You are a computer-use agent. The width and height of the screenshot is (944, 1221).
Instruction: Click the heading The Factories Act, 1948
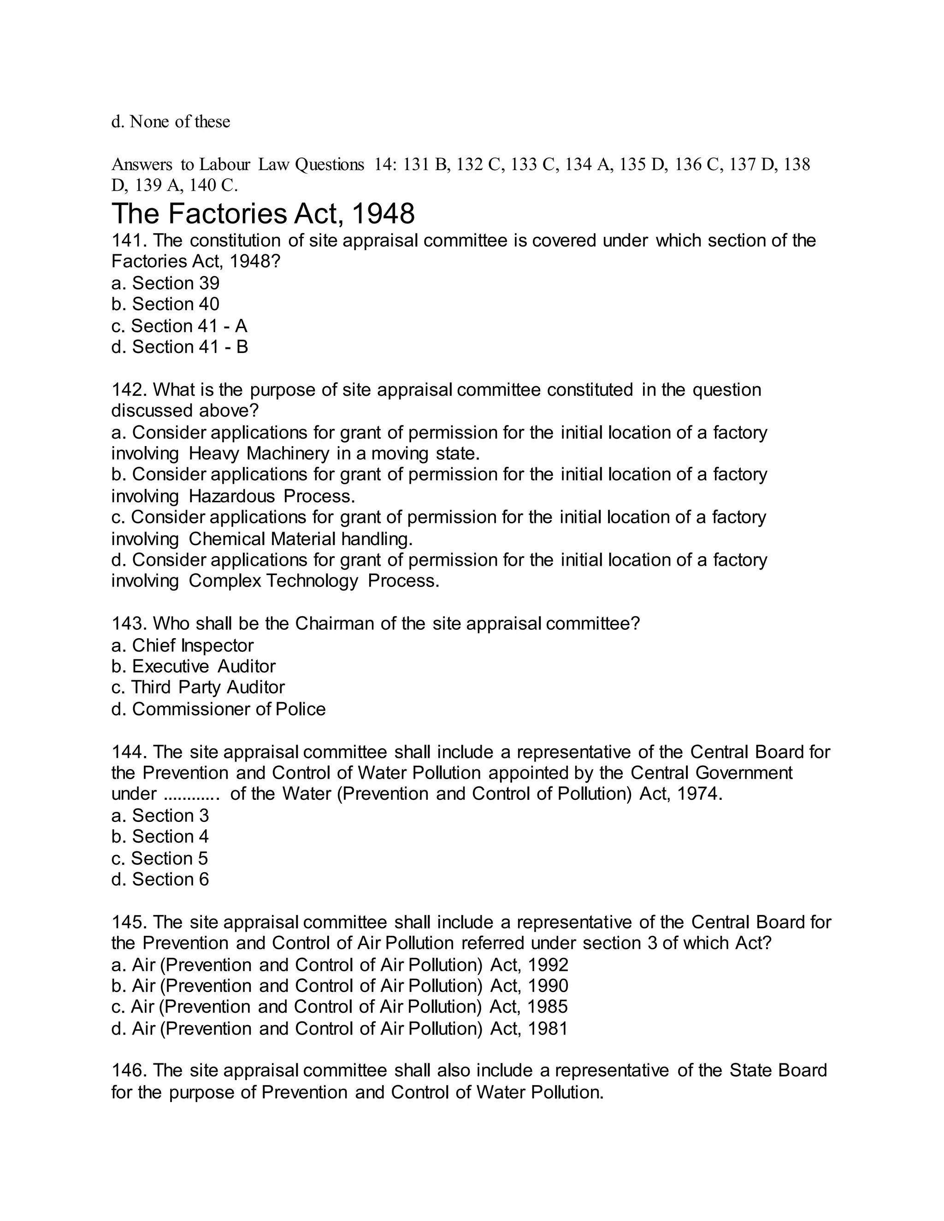[263, 214]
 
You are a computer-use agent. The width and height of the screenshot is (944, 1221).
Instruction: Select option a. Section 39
[165, 283]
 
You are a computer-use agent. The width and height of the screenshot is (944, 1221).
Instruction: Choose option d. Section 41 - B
[179, 347]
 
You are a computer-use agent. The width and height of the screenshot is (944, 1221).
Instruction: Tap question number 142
[129, 390]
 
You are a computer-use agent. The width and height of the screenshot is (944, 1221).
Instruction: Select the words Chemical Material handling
[301, 539]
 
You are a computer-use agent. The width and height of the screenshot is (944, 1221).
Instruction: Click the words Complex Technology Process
[314, 581]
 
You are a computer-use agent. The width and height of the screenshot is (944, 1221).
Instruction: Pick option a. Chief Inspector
[183, 646]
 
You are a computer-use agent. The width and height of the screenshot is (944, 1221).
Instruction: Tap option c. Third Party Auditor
[198, 687]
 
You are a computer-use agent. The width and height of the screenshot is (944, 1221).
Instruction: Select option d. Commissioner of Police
[218, 709]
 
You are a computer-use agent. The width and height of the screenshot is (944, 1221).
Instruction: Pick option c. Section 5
[159, 858]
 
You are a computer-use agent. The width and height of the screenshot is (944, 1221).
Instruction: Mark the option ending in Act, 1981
[339, 1029]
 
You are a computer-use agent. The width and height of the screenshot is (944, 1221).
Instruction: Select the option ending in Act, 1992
[339, 965]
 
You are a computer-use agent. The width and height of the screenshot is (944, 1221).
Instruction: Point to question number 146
[129, 1071]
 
